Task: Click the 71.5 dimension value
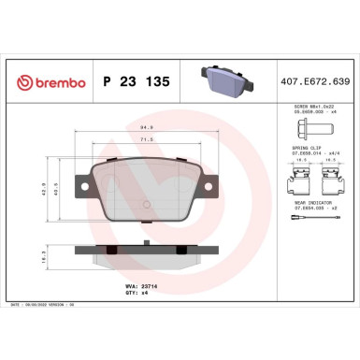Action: [146, 138]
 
